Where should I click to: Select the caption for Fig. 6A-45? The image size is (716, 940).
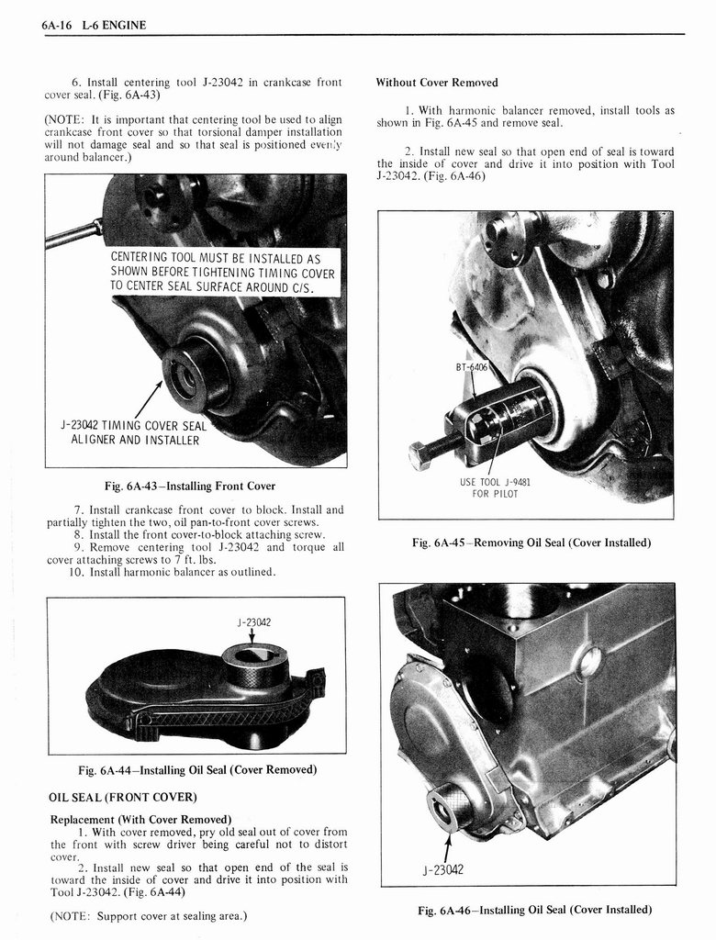(532, 543)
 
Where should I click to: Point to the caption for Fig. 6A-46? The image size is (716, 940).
(534, 910)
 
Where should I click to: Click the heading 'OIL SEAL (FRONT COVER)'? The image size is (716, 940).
(123, 796)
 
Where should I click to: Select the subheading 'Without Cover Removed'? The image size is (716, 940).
(437, 83)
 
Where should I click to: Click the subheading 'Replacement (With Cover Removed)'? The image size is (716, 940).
(140, 819)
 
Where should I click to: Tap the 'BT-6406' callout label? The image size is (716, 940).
(474, 367)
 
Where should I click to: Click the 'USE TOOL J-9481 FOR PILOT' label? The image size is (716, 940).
(495, 487)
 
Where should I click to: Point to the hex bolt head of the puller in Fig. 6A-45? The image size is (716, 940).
(419, 456)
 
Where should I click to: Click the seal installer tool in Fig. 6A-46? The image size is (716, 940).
(449, 805)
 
